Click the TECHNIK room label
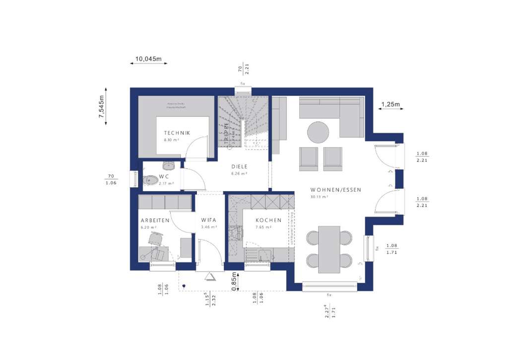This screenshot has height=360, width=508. pyautogui.click(x=177, y=133)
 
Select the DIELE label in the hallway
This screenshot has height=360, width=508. pyautogui.click(x=239, y=167)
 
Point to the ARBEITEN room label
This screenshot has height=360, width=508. pyautogui.click(x=155, y=220)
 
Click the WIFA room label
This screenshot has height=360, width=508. pyautogui.click(x=209, y=220)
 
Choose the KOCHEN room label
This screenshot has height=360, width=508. pyautogui.click(x=268, y=220)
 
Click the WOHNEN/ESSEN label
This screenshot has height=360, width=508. pyautogui.click(x=336, y=190)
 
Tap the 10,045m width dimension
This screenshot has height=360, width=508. pyautogui.click(x=149, y=59)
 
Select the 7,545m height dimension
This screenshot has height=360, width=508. pyautogui.click(x=102, y=106)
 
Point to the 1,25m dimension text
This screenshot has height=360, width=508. pyautogui.click(x=390, y=104)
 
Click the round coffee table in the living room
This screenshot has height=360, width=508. pyautogui.click(x=318, y=133)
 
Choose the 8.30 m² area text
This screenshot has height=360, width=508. pyautogui.click(x=172, y=140)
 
